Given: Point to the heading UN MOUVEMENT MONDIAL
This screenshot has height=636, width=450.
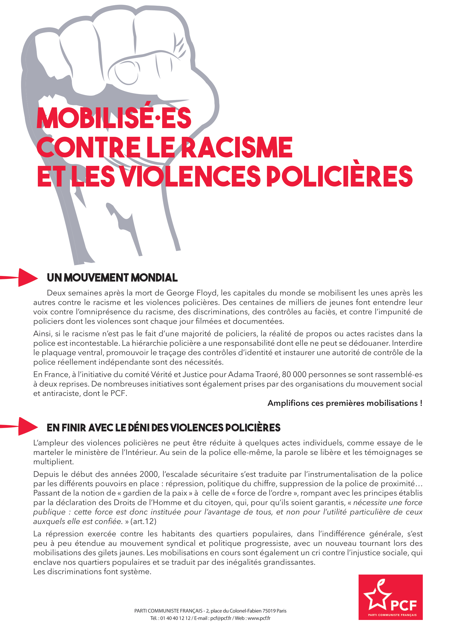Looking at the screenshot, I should [x=112, y=278].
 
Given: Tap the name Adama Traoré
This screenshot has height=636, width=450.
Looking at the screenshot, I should [x=254, y=374].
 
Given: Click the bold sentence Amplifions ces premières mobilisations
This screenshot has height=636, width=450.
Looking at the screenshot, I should [x=345, y=403].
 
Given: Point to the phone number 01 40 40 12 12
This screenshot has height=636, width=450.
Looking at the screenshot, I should [x=175, y=618].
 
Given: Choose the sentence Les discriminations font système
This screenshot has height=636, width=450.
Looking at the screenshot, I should [x=92, y=572].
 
